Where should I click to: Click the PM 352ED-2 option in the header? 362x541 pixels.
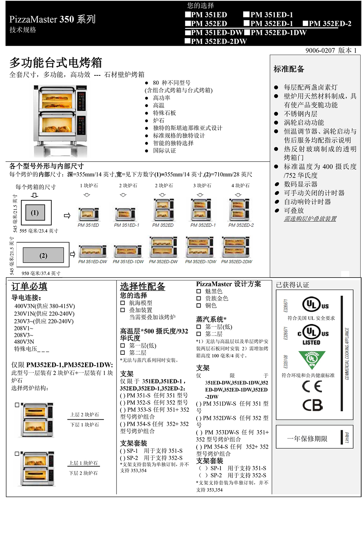[327, 24]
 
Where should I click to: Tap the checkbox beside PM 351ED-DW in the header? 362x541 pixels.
[188, 32]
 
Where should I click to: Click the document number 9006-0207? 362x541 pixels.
[320, 50]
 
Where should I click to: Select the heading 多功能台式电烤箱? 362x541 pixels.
[56, 63]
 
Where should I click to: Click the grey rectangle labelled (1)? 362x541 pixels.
[35, 213]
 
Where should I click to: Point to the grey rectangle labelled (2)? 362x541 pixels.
[43, 255]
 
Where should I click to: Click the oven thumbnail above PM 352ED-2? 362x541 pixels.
[239, 209]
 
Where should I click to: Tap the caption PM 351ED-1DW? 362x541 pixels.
[128, 262]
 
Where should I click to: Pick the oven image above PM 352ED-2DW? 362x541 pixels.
[236, 247]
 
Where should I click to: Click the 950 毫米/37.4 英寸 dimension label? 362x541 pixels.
[41, 273]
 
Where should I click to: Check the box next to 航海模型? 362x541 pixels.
[123, 303]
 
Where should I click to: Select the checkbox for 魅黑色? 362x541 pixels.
[199, 291]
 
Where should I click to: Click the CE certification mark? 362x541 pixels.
[312, 386]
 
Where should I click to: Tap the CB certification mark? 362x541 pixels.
[312, 405]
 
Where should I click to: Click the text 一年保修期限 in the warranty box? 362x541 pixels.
[307, 438]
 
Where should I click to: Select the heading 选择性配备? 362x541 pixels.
[143, 286]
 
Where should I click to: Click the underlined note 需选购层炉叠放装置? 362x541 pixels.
[310, 219]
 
